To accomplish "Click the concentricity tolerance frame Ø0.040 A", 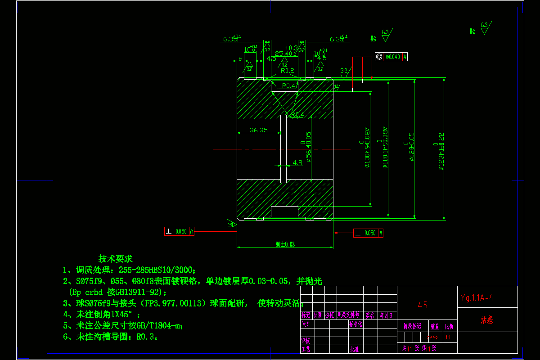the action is coord(391,57).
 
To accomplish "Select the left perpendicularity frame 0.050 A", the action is coord(179,231).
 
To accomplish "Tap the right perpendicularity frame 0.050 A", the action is coord(369,233).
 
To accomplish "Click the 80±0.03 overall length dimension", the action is coord(285,244).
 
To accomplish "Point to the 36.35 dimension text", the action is coord(258,130).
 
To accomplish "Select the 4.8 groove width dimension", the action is coord(297,163).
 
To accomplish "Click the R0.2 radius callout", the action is coord(287,71).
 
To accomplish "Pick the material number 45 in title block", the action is coord(423,305).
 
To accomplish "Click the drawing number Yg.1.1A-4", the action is coord(477,297).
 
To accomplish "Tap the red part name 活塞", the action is coord(487,320).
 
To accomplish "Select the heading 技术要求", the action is coord(116,259).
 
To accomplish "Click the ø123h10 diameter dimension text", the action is coord(441,151).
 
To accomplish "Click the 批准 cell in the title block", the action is coord(354,349).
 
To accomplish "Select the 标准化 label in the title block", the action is coord(355,324).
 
